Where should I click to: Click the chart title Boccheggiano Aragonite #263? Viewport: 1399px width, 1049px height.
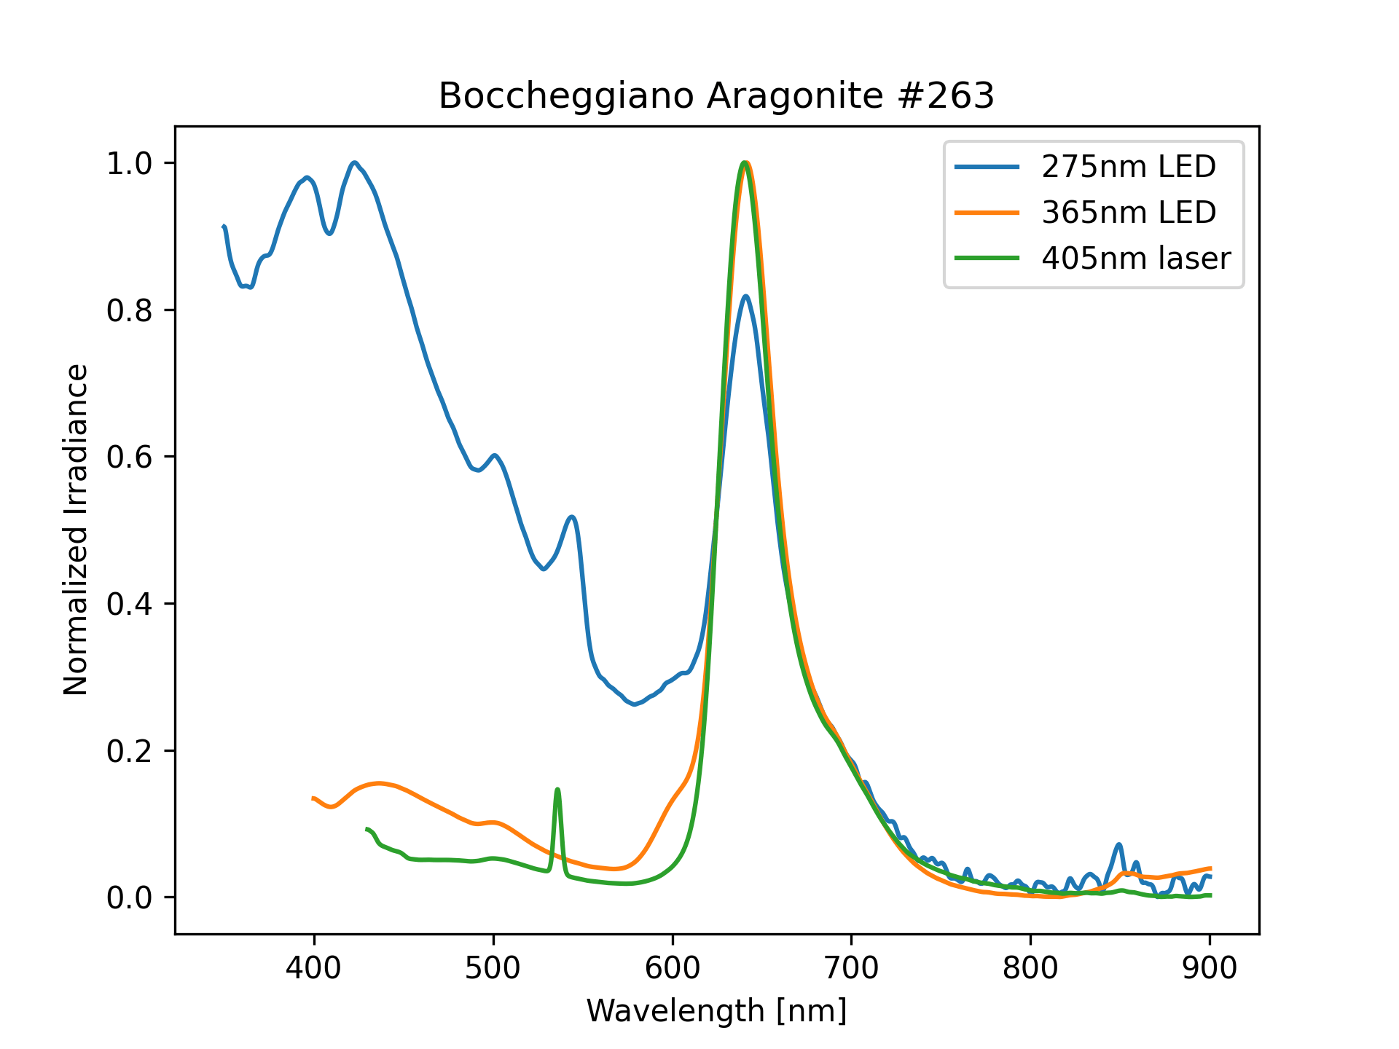[716, 96]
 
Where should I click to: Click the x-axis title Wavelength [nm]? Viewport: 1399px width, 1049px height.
[716, 1011]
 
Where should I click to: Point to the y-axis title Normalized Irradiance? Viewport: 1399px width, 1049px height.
[76, 530]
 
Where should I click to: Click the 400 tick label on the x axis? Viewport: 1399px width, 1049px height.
[314, 968]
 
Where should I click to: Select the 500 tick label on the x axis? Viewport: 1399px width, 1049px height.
[493, 968]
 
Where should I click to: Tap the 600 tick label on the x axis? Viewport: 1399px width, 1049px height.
[673, 968]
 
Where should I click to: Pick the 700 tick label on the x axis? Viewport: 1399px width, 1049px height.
[852, 968]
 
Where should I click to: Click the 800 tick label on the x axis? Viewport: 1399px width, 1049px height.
[1030, 968]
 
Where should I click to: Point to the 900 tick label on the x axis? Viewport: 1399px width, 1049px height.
[1210, 968]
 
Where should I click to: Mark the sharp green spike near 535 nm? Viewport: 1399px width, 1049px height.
[557, 790]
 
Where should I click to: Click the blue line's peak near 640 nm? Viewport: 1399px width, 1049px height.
[745, 296]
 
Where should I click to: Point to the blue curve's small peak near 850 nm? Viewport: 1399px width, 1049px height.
[1119, 845]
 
